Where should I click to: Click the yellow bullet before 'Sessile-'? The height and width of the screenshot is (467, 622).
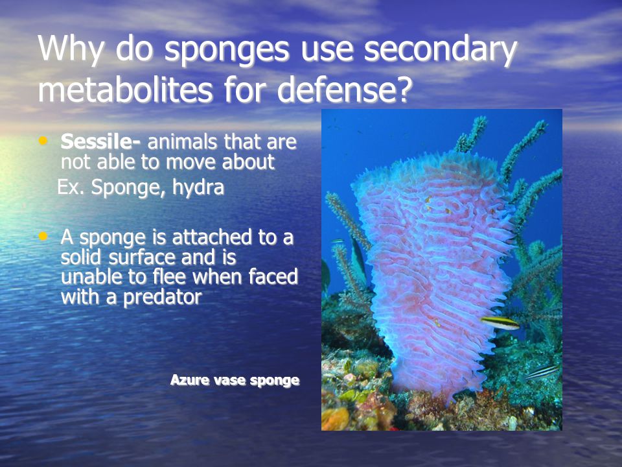[x=44, y=140]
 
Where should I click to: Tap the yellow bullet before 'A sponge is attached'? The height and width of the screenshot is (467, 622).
[x=44, y=237]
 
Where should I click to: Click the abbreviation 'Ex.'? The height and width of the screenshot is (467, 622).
[x=71, y=188]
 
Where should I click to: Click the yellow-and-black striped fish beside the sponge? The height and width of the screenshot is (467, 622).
[x=499, y=322]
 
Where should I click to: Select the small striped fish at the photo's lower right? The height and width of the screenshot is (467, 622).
[x=541, y=372]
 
